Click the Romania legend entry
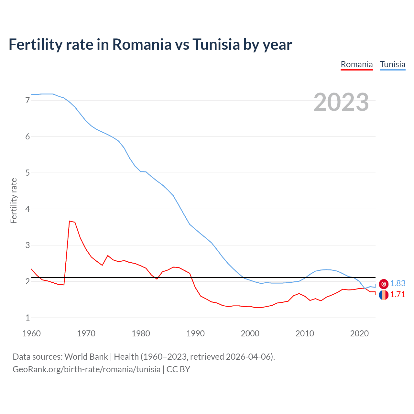357,64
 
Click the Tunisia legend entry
392,64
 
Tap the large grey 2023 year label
341,102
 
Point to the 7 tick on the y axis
27,100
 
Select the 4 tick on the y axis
27,209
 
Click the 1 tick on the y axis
27,318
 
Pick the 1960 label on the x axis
31,333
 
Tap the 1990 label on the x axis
195,333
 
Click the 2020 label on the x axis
359,333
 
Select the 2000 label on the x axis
250,333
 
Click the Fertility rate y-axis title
14,201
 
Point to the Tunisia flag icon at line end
384,284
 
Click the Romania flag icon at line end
384,295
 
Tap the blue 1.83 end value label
398,284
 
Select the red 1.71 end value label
398,295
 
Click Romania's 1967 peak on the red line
70,221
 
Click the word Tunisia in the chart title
216,44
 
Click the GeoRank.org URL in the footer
86,369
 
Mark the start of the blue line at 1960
31,94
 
